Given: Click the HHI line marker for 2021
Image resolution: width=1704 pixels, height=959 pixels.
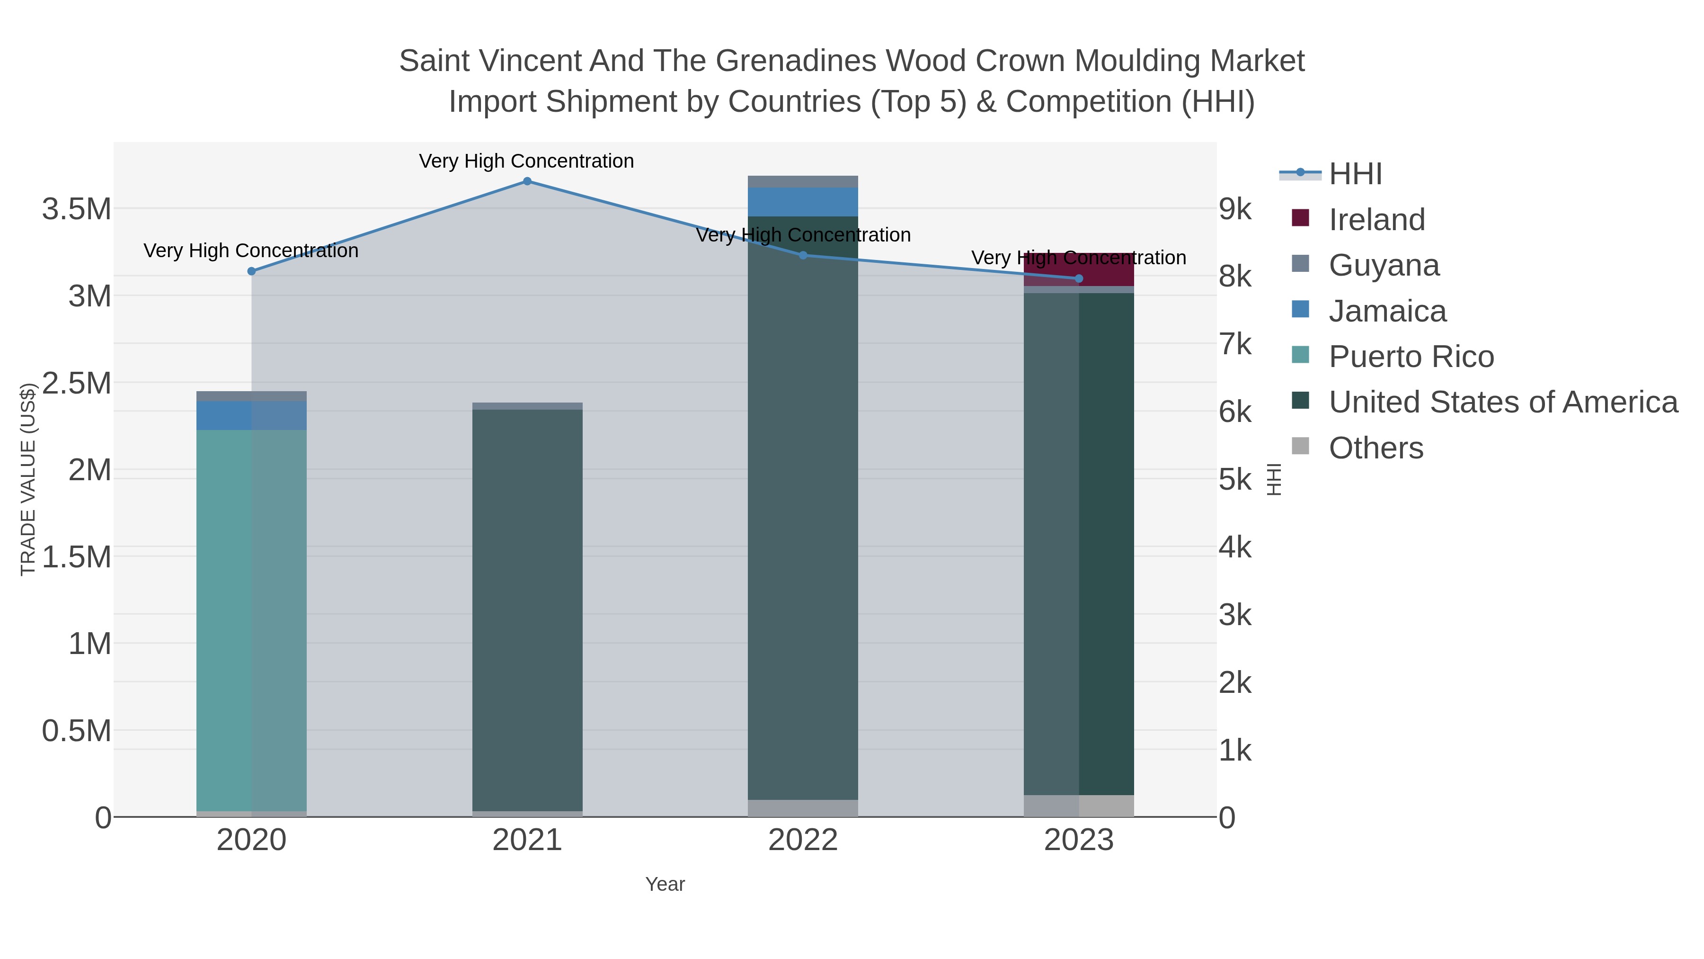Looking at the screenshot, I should pos(527,181).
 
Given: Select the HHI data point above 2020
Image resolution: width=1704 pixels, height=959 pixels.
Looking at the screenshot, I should pos(251,271).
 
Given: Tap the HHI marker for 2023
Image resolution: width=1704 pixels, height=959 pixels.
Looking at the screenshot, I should pos(1079,278).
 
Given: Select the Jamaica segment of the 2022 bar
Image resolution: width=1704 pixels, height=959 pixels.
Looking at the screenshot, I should pos(803,202).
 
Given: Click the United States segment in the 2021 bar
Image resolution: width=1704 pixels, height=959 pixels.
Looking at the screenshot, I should pos(527,609).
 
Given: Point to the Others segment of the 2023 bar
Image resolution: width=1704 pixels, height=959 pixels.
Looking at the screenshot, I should pos(1079,806).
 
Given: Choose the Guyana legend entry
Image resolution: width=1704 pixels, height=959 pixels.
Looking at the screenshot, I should pos(1384,265).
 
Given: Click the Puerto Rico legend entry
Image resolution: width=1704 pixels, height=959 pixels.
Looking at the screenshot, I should pos(1411,357).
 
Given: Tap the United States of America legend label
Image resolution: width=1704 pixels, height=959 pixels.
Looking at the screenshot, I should pos(1503,403).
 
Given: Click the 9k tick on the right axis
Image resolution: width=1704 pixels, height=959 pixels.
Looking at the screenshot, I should pos(1235,209).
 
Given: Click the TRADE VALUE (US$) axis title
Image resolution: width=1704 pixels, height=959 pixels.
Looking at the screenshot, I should pos(28,479).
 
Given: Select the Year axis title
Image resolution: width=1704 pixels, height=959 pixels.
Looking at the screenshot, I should pos(665,884).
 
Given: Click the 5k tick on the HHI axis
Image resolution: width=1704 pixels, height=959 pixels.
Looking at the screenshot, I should pos(1235,479).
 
